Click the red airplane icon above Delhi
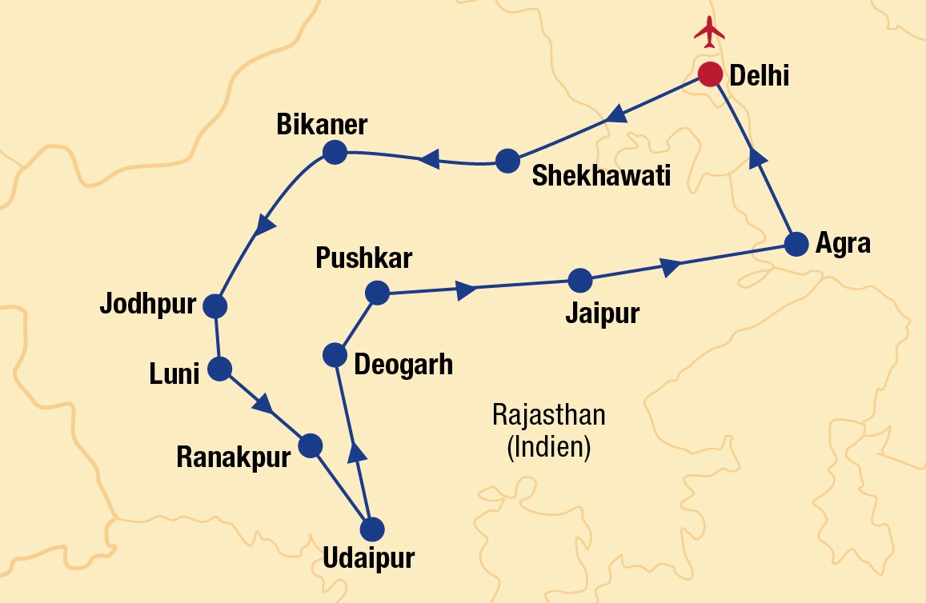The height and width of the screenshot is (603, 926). click(709, 30)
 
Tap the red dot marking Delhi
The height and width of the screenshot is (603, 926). click(710, 74)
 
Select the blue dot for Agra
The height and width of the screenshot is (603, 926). click(796, 244)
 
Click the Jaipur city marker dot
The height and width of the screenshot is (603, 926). click(579, 281)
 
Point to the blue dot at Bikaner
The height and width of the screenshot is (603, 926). click(333, 151)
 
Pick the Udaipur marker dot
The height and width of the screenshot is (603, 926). click(372, 529)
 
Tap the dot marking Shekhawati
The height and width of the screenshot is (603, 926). click(507, 161)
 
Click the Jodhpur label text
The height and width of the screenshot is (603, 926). click(147, 305)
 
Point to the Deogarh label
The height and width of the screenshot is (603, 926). click(403, 364)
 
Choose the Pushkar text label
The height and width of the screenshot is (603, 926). click(363, 258)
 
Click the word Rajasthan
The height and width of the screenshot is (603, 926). click(549, 416)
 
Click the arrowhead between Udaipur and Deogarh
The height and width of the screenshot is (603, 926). click(358, 452)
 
